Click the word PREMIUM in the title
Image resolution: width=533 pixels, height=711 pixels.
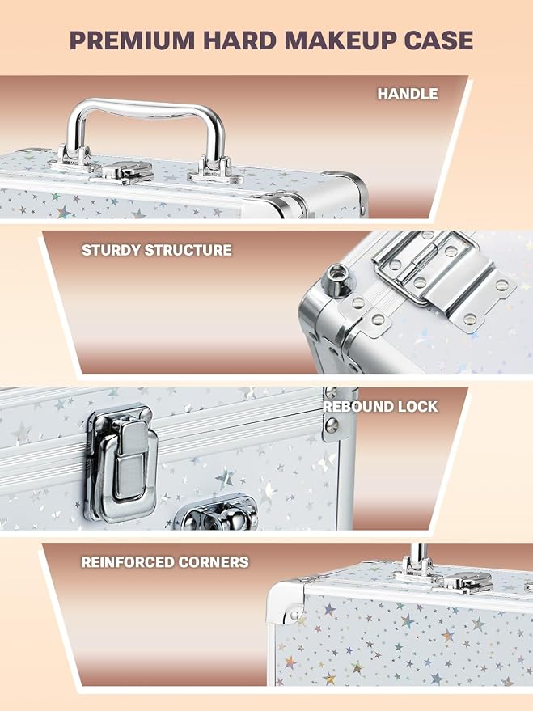tap(133, 40)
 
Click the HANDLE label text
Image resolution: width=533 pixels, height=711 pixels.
tap(408, 93)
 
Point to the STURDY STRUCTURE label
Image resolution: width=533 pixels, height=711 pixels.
tap(156, 250)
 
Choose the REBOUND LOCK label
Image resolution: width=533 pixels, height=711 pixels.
tap(380, 406)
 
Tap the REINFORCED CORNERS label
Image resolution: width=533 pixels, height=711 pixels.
tap(164, 562)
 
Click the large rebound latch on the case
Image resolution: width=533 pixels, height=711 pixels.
tap(122, 463)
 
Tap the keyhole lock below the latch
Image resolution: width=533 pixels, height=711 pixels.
tap(217, 514)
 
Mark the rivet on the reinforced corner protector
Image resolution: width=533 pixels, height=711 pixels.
tap(294, 615)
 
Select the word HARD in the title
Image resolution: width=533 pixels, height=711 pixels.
tap(239, 40)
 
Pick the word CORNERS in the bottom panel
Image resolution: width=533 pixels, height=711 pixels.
tap(214, 562)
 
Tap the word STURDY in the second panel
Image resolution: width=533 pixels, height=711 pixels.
tap(111, 250)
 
